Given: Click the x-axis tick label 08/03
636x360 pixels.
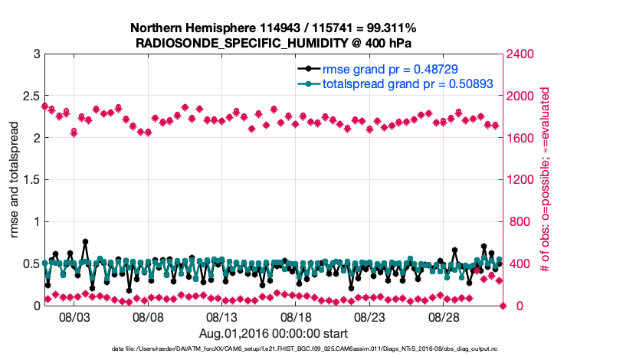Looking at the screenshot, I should (74, 316).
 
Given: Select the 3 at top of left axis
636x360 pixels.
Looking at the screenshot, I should (35, 54).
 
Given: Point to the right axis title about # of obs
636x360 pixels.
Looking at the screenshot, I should (546, 180).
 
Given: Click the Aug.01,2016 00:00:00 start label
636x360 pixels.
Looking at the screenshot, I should (274, 333).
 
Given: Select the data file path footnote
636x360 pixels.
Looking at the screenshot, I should (274, 349).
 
